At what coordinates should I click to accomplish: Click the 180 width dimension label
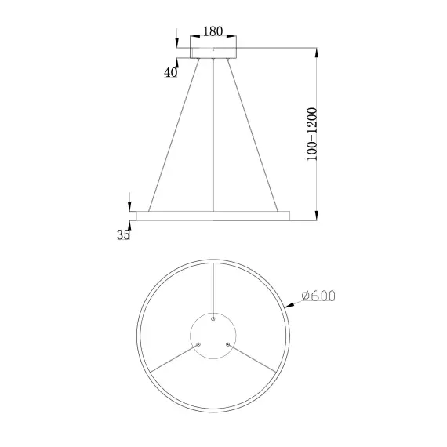tap(213, 32)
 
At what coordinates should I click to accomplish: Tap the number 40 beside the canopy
tap(171, 72)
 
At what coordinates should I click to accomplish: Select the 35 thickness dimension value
tap(123, 234)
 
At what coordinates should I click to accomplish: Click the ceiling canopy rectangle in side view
tap(213, 51)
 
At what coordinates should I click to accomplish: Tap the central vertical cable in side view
tap(213, 133)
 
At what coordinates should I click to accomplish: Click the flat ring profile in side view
tap(213, 214)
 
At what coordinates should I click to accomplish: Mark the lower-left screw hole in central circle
tap(198, 344)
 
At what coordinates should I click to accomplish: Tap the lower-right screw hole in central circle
tap(228, 344)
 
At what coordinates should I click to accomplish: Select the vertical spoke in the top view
tap(213, 290)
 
